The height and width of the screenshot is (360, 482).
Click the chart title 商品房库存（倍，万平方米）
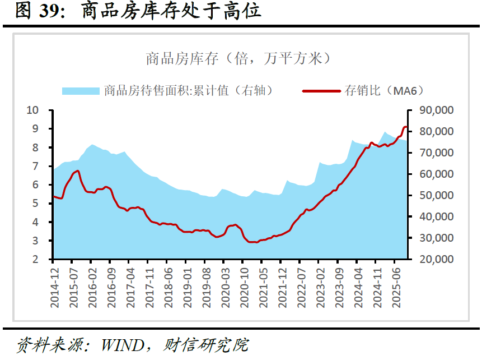[x=238, y=58]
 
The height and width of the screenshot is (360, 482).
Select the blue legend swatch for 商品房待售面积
[x=81, y=91]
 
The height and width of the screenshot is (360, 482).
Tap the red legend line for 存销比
[x=321, y=91]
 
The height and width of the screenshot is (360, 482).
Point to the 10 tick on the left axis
[x=32, y=110]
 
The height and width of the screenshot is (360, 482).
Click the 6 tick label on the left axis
[x=35, y=184]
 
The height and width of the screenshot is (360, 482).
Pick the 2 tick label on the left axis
[x=35, y=259]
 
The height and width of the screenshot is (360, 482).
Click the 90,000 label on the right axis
[x=437, y=110]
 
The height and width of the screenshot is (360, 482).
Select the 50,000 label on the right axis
[x=437, y=195]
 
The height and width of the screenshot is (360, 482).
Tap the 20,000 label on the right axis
[x=437, y=259]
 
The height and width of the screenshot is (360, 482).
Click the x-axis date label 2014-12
[x=54, y=288]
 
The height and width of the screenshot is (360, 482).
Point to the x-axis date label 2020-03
[x=225, y=288]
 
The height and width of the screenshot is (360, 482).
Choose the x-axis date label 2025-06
[x=396, y=288]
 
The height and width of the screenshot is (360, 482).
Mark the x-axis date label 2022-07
[x=301, y=288]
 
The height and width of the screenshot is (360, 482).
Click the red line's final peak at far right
[x=405, y=127]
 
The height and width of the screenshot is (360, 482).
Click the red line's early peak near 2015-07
[x=77, y=171]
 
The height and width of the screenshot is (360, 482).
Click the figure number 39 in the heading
[x=49, y=11]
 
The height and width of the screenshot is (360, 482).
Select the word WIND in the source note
[x=123, y=345]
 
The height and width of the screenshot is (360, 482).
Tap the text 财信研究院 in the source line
[x=205, y=345]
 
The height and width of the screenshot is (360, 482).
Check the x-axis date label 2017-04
[x=130, y=288]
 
